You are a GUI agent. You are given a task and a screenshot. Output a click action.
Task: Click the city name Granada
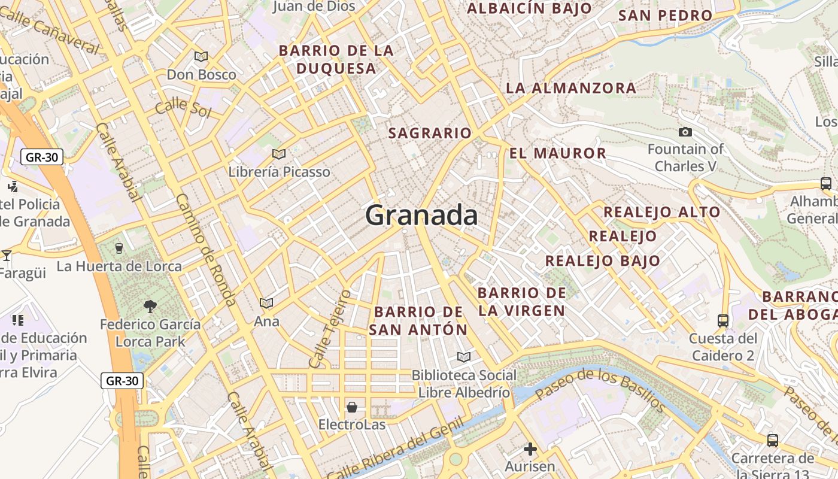coord(421,215)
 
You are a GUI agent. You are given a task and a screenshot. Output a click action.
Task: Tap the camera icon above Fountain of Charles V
coord(685,132)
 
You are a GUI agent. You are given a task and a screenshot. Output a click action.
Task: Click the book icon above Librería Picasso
coord(278,154)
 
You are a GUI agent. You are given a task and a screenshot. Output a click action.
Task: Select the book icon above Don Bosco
coord(201,56)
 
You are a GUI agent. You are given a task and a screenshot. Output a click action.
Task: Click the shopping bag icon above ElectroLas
coord(352,407)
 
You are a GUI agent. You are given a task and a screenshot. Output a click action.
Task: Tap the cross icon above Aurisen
coord(530,448)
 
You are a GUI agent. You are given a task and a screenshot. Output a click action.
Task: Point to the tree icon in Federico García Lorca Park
coord(150,307)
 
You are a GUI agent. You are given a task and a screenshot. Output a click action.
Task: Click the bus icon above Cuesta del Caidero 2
coord(722,320)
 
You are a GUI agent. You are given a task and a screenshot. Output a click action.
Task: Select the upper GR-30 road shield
coord(42,157)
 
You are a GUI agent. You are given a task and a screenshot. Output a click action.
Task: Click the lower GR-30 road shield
coord(122,380)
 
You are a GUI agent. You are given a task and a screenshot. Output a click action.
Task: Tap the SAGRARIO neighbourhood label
coord(430,133)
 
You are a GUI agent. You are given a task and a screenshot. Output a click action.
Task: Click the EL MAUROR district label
coord(558,153)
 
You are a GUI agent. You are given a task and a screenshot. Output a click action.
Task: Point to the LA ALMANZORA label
coord(571,88)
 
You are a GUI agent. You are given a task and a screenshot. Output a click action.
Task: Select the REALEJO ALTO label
coord(661,212)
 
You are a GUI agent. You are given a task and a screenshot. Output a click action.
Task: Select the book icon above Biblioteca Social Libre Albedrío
coord(463,357)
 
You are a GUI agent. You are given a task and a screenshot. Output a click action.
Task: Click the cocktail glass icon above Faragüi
coord(7,255)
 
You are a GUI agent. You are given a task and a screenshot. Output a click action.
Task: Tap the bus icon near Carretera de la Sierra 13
coord(772,441)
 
